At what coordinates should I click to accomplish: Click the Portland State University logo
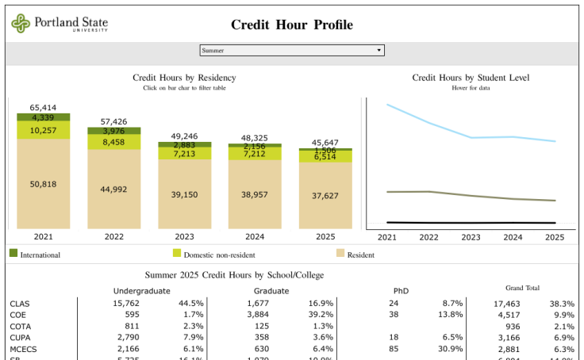point(60,24)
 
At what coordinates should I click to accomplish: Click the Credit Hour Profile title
point(292,25)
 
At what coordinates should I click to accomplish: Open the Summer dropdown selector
point(291,50)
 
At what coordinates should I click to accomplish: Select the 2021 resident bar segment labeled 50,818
point(44,184)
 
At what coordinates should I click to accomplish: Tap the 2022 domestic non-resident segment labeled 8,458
point(113,143)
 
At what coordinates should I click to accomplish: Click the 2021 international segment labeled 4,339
point(44,117)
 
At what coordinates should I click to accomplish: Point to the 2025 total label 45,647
point(325,143)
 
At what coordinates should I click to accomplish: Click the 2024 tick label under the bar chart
point(255,237)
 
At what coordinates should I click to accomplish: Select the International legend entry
point(40,255)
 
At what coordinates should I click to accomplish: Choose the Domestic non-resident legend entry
point(219,255)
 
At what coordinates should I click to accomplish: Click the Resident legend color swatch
point(340,254)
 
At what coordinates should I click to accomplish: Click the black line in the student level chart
point(471,223)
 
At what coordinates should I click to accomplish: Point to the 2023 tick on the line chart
point(471,237)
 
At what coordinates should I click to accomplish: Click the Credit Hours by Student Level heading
point(471,78)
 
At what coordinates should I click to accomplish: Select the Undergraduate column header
point(142,291)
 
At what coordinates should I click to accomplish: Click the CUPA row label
point(21,337)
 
